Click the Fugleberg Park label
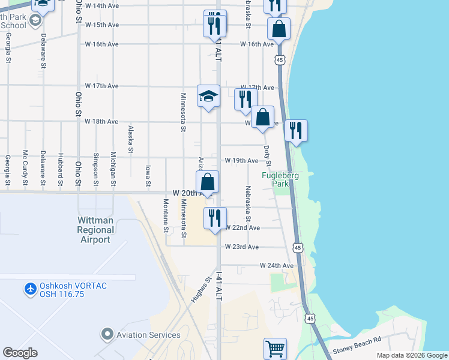280,179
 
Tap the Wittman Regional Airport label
95,230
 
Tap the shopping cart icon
275,348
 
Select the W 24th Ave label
277,265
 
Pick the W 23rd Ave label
242,247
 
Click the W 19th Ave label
241,161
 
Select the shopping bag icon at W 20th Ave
207,182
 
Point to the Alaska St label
130,137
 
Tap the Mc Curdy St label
25,167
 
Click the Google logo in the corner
20,353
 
